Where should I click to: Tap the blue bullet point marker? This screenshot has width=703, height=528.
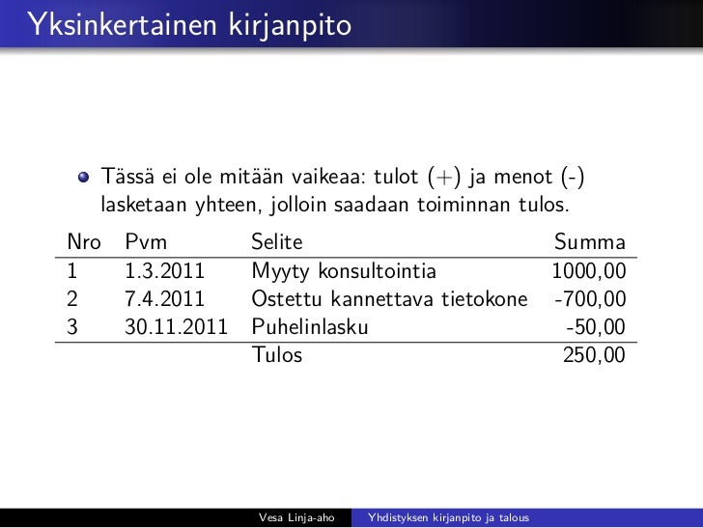click(85, 177)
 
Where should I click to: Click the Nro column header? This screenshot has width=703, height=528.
click(83, 242)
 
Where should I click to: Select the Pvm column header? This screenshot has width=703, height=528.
click(146, 242)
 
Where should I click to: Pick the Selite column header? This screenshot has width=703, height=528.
click(277, 242)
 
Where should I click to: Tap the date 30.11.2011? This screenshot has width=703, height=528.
click(177, 327)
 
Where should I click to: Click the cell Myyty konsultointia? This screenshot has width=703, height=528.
click(344, 271)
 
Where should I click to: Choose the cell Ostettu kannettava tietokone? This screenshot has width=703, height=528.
click(389, 299)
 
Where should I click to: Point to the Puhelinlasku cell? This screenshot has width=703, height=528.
click(309, 327)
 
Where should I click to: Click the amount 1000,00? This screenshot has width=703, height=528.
click(588, 271)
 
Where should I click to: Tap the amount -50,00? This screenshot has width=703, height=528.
click(595, 327)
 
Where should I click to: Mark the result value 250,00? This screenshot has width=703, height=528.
click(594, 355)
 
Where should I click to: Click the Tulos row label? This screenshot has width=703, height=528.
click(276, 355)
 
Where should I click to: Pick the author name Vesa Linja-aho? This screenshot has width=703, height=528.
click(297, 518)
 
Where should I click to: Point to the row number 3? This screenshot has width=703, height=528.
click(71, 327)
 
